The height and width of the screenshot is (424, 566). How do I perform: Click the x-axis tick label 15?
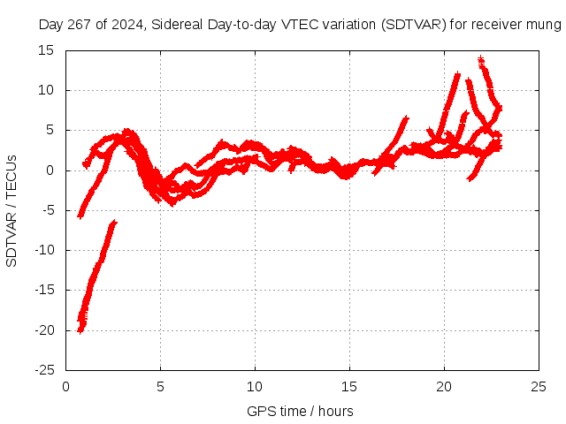[x=349, y=386]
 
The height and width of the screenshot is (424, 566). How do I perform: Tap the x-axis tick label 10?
[x=255, y=386]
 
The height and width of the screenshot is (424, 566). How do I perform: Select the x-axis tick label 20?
[x=444, y=386]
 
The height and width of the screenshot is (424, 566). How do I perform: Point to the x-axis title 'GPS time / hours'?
[x=300, y=411]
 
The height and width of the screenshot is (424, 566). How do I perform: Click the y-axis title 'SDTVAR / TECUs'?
[x=12, y=210]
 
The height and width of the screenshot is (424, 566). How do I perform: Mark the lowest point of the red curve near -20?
[x=80, y=331]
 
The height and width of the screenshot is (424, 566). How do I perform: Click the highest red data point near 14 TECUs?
[x=480, y=59]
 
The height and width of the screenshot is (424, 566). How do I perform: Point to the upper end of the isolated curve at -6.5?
[x=113, y=223]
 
